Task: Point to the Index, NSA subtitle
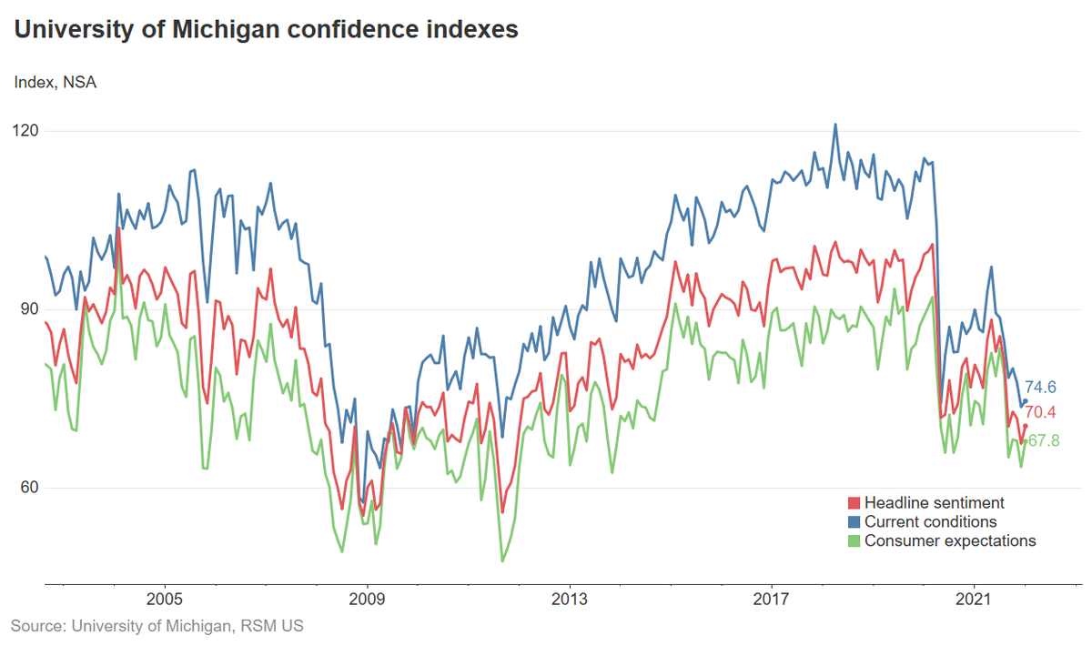tap(55, 83)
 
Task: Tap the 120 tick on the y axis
tap(27, 131)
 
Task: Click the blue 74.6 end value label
tap(1040, 387)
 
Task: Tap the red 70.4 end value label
tap(1040, 412)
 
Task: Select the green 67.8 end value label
tap(1043, 440)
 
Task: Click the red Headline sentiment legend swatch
tap(853, 503)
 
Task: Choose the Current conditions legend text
tap(930, 522)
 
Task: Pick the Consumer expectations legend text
tap(950, 541)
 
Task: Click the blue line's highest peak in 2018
tap(834, 125)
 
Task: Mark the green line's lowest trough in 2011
tap(501, 560)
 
